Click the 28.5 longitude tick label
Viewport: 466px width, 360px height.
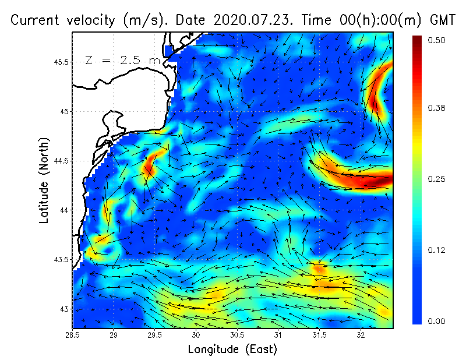(x=73, y=335)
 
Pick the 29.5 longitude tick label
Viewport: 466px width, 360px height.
(x=155, y=335)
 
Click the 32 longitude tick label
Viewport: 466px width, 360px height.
(x=361, y=335)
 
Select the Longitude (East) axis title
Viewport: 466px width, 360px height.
(x=232, y=349)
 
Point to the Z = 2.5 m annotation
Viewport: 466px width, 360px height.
(x=122, y=60)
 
